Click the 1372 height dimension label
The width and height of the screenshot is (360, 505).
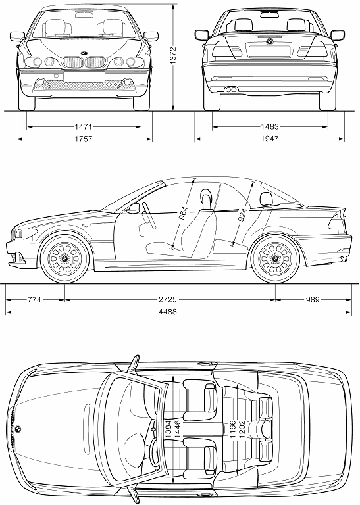[x=173, y=56]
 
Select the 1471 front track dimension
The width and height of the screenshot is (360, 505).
[x=84, y=126]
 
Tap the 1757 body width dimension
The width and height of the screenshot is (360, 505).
[x=84, y=139]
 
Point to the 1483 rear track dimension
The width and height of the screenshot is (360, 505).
[x=270, y=126]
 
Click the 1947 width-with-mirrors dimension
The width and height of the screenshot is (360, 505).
[x=270, y=139]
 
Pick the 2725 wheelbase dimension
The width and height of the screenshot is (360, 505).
[x=168, y=300]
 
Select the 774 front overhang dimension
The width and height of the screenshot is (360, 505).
[x=34, y=300]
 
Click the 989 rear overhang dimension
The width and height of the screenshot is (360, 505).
[x=313, y=300]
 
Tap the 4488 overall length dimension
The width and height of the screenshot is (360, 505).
[x=168, y=312]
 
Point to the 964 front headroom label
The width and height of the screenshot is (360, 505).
[x=182, y=214]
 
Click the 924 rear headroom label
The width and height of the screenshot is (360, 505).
[x=242, y=215]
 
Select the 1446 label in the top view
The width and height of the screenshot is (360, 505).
[x=177, y=429]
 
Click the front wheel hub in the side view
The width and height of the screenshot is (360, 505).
[x=65, y=258]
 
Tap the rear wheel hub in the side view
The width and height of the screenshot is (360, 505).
[x=276, y=258]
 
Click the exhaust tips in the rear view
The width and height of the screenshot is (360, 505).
[x=231, y=89]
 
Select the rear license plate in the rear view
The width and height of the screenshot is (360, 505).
[x=270, y=51]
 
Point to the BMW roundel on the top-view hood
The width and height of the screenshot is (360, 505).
[x=18, y=429]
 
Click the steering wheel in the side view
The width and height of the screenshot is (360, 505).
[x=149, y=215]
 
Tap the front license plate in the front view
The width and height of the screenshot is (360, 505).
[x=84, y=77]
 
